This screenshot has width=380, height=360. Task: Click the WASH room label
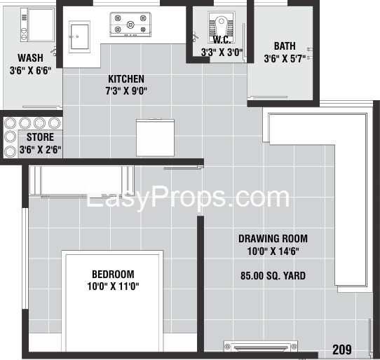click(x=31, y=58)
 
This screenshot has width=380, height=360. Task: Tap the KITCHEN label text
click(x=126, y=79)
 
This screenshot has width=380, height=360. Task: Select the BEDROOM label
click(x=113, y=275)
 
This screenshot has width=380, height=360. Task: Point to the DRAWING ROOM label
click(x=273, y=239)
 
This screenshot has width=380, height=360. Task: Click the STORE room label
click(x=40, y=137)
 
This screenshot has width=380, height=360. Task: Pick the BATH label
click(x=285, y=46)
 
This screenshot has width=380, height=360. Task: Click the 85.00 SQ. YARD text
click(x=273, y=276)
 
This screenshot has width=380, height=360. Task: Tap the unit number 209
click(x=342, y=349)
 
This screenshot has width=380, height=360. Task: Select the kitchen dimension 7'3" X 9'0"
click(x=126, y=91)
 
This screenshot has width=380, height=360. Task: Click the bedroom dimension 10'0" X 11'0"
click(x=113, y=286)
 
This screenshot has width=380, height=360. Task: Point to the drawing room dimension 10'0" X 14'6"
click(x=273, y=251)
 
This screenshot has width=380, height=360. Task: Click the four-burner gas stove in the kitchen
click(x=130, y=25)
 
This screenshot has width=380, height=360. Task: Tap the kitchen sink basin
click(x=79, y=36)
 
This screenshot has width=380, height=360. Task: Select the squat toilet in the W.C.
click(x=222, y=27)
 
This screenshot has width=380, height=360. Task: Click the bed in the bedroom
click(x=112, y=301)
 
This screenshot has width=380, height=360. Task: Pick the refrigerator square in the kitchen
click(x=155, y=137)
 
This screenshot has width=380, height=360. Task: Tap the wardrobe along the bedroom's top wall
click(x=81, y=181)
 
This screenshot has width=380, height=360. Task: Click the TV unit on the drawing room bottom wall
click(x=261, y=346)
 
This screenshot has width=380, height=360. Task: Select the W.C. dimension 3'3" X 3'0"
click(x=222, y=53)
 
